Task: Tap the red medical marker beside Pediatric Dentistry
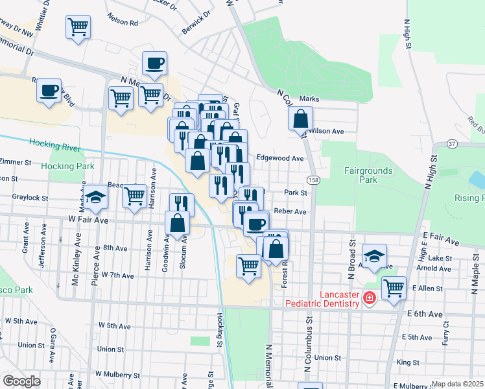369,299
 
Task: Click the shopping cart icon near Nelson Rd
78,27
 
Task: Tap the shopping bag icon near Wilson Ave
301,119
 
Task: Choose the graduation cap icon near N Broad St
375,255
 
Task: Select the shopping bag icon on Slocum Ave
178,224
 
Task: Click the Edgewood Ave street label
280,158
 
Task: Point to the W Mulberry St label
117,375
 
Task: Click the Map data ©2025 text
458,384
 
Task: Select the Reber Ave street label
290,211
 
